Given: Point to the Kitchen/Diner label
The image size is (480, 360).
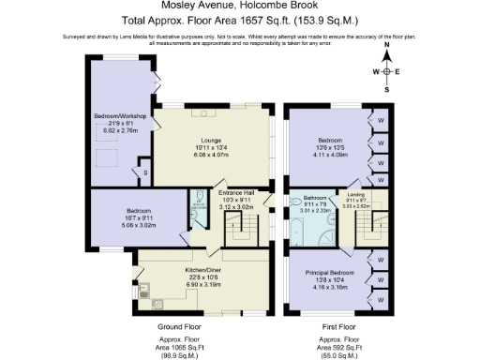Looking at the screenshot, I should click(189, 269).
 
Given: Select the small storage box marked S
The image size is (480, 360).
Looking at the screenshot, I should click(145, 173).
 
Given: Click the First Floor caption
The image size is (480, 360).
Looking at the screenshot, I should click(339, 326).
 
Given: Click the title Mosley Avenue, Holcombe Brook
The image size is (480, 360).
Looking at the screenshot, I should click(239, 7).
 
